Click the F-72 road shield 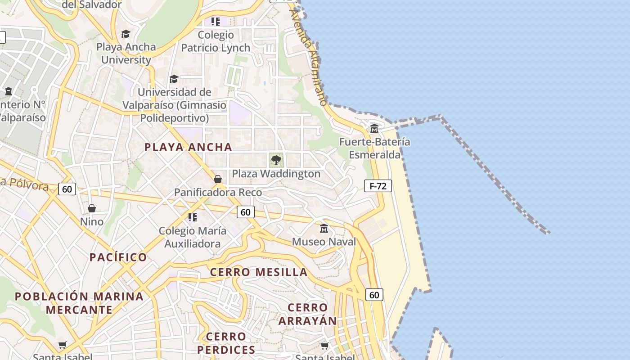click(378, 186)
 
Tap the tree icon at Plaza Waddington click(276, 160)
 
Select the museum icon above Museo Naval click(324, 229)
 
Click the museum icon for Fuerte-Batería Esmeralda click(374, 129)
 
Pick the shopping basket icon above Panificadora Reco click(218, 179)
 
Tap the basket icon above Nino click(92, 208)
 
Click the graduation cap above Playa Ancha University click(126, 34)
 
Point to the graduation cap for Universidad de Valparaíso click(174, 79)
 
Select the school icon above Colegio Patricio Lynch click(216, 21)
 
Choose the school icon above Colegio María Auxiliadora click(193, 218)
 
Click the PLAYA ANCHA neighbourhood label click(188, 147)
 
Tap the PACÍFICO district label click(118, 257)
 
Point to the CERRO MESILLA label click(259, 272)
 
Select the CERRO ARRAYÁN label click(307, 314)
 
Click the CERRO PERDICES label click(226, 343)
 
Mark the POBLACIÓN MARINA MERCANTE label click(79, 303)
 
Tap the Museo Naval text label click(324, 242)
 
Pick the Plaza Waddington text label click(276, 174)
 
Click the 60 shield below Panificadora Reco click(245, 212)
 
